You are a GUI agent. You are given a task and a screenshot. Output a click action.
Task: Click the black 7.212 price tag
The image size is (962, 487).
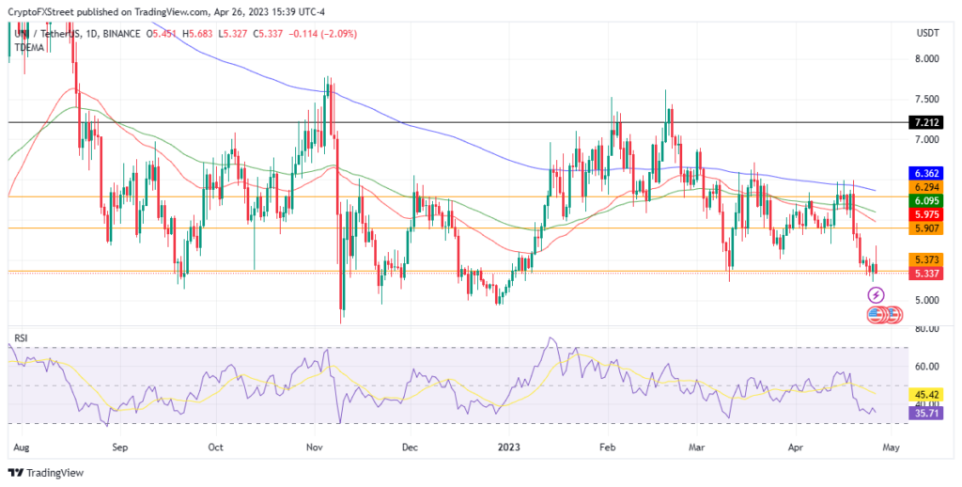pos(927,123)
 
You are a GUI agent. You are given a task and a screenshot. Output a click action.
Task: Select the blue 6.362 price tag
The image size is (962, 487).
pos(927,174)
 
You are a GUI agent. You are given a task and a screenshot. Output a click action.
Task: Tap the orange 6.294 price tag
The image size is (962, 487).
pos(927,187)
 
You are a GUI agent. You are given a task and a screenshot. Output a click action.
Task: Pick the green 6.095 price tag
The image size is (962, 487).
pos(927,201)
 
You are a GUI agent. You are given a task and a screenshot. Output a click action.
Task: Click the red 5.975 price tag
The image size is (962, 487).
pos(927,214)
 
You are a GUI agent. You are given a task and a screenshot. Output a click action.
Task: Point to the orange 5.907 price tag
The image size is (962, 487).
pos(927,228)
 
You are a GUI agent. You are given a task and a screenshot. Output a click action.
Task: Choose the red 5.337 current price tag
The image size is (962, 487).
pos(927,274)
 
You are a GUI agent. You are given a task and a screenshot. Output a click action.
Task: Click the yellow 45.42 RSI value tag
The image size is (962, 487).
pos(927,394)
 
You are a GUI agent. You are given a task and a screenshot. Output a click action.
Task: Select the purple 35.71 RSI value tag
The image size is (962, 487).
pos(927,412)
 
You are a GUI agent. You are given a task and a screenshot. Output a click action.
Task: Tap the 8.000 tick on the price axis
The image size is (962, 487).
pos(927,58)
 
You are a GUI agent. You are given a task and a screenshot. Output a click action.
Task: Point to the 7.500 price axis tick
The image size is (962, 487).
pos(927,99)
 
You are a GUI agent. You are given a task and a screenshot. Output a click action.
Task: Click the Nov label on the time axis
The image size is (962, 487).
pos(316,448)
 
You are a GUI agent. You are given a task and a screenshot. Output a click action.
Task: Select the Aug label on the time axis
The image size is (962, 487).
pos(22,448)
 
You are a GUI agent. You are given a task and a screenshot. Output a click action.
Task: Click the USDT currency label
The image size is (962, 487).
pos(928,33)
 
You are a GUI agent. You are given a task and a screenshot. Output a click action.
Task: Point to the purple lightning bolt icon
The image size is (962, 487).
pos(876,295)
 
